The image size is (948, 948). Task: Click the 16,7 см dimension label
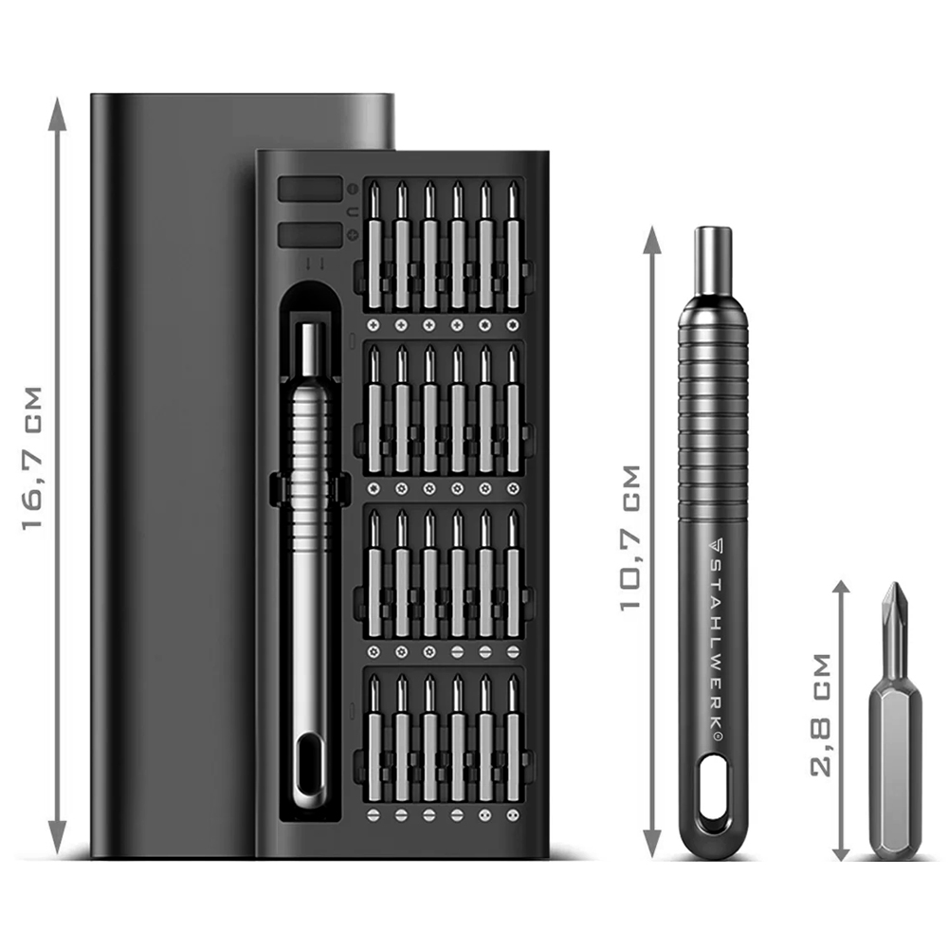[x=32, y=458]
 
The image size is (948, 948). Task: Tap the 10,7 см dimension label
[x=630, y=538]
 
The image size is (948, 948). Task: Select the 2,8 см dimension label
[x=821, y=715]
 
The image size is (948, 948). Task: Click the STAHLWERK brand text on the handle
[x=717, y=639]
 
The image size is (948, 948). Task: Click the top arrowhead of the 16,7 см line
[x=58, y=114]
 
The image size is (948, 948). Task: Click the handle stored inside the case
[x=309, y=565]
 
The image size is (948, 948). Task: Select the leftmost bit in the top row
[x=374, y=246]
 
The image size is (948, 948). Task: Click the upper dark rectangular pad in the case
[x=310, y=189]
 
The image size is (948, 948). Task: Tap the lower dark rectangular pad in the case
[x=310, y=234]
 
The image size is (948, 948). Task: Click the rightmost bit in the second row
[x=513, y=410]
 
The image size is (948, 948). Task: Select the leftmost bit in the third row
[x=374, y=574]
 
